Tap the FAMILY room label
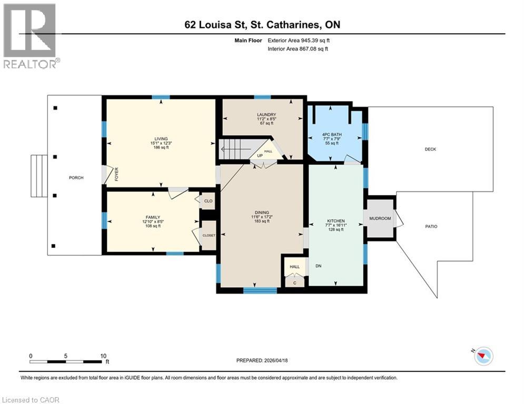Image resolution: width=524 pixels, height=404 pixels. (x=153, y=217)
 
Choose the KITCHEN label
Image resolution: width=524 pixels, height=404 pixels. (x=336, y=221)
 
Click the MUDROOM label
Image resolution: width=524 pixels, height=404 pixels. (x=380, y=218)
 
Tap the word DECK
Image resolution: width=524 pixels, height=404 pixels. (x=430, y=149)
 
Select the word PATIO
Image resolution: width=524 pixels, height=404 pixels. (x=431, y=227)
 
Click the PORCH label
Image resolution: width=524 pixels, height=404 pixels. (x=76, y=178)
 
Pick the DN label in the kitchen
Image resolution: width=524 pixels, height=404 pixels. (x=318, y=266)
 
